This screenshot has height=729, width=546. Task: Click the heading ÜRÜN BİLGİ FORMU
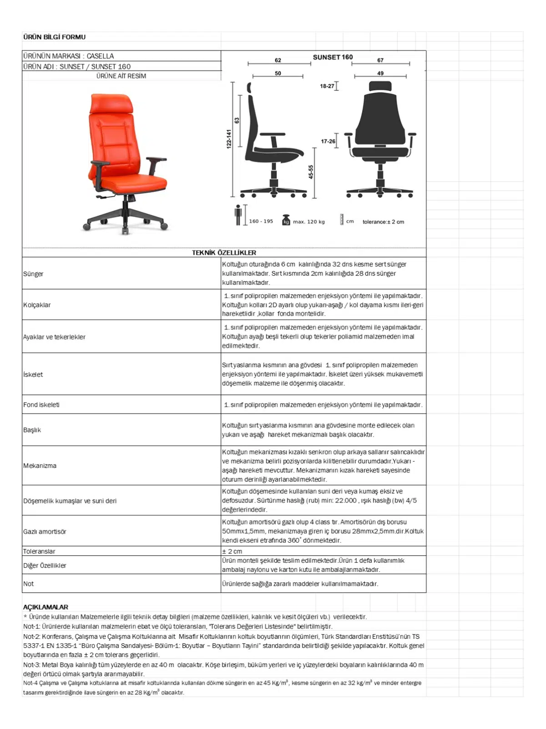(54, 37)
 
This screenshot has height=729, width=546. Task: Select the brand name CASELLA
(100, 56)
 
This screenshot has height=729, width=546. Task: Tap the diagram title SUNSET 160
(333, 57)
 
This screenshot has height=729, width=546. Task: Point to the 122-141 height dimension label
(228, 139)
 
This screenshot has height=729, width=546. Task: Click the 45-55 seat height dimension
(311, 172)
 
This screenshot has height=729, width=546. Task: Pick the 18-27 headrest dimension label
(327, 86)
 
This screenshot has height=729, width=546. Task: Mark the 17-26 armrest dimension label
(328, 141)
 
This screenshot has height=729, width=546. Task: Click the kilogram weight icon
(286, 220)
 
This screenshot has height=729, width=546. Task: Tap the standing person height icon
(238, 215)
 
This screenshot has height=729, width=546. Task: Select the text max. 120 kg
(309, 222)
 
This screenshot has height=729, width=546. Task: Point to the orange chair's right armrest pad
(157, 159)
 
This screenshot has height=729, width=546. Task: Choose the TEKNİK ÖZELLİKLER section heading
(224, 252)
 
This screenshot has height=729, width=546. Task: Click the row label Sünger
(33, 274)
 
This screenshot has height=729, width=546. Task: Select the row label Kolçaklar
(37, 305)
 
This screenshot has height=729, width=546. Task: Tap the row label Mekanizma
(40, 466)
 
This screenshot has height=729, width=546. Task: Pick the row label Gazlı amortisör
(45, 532)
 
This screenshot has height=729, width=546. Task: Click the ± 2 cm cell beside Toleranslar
(232, 551)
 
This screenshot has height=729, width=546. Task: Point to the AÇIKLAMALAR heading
(45, 607)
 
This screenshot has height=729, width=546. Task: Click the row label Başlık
(32, 430)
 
